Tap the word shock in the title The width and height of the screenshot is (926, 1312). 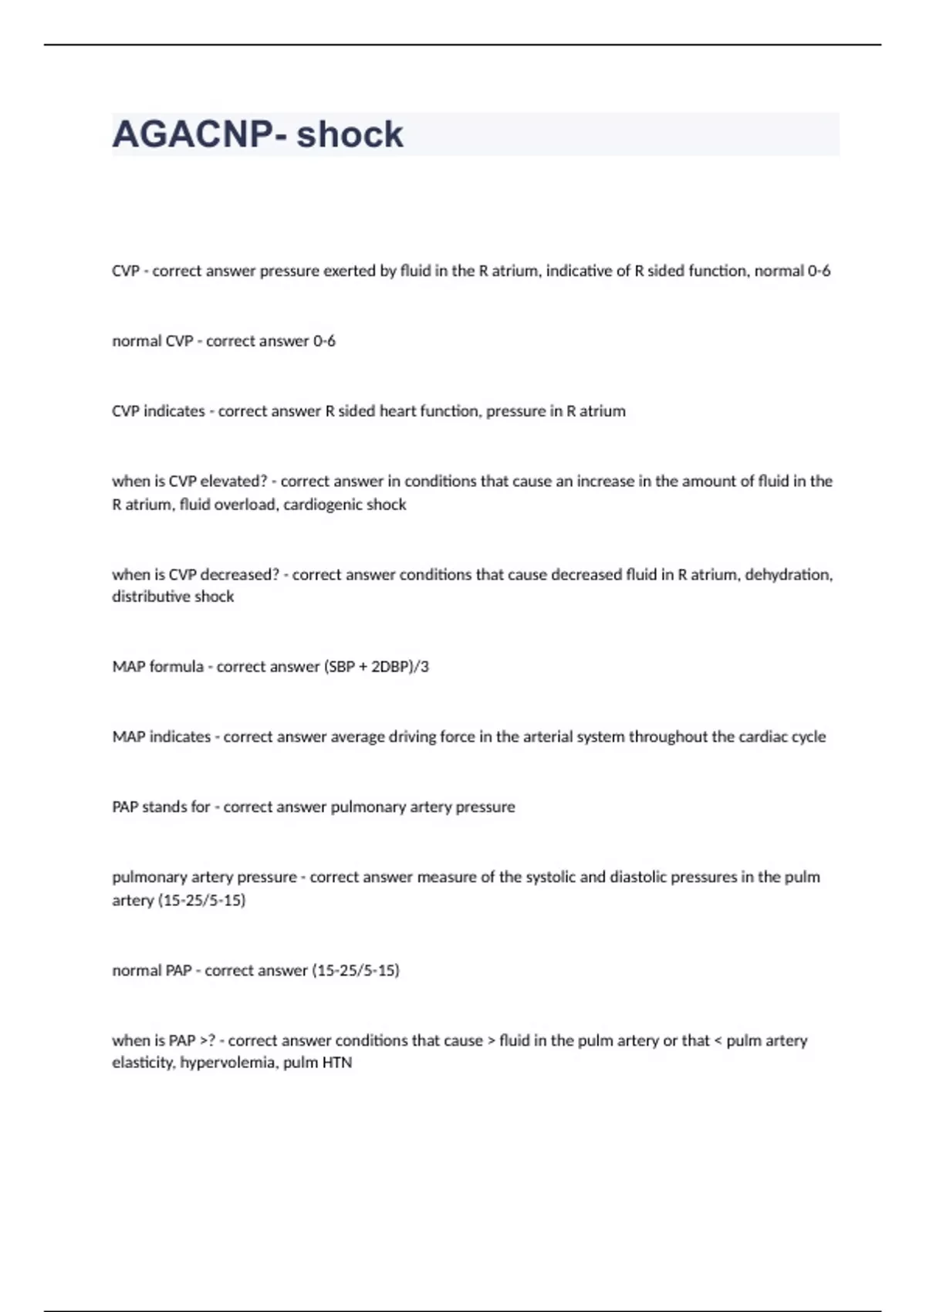coord(350,135)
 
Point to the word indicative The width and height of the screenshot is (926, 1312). coord(579,271)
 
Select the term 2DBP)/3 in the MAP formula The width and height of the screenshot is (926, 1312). coord(400,667)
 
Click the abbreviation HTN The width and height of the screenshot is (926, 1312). coord(338,1063)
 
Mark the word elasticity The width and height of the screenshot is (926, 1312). coord(144,1063)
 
